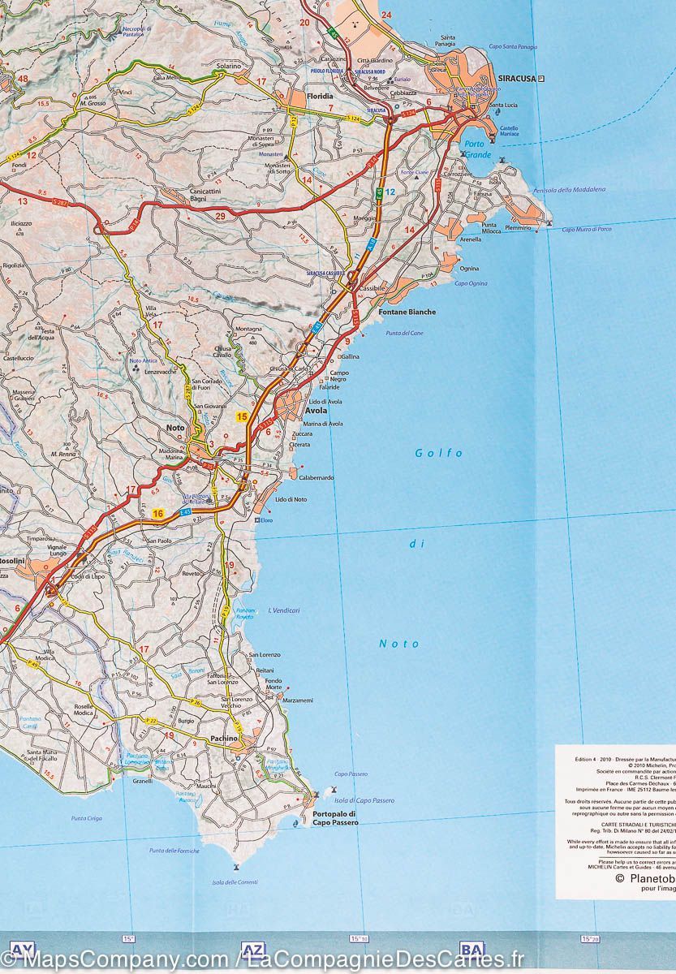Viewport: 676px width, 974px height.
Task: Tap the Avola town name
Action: pos(316,411)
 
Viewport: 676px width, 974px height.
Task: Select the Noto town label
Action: pos(175,428)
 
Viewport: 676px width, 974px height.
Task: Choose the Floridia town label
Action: pos(321,97)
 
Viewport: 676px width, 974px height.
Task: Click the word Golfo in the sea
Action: pos(438,453)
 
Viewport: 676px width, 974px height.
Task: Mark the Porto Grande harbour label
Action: pos(478,149)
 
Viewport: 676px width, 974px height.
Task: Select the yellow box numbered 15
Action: pos(242,416)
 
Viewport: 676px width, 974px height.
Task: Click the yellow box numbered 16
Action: pos(158,513)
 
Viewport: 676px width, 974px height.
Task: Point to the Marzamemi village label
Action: pos(298,700)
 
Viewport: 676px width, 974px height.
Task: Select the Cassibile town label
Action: pos(372,289)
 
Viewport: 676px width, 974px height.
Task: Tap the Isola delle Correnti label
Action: pos(235,882)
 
